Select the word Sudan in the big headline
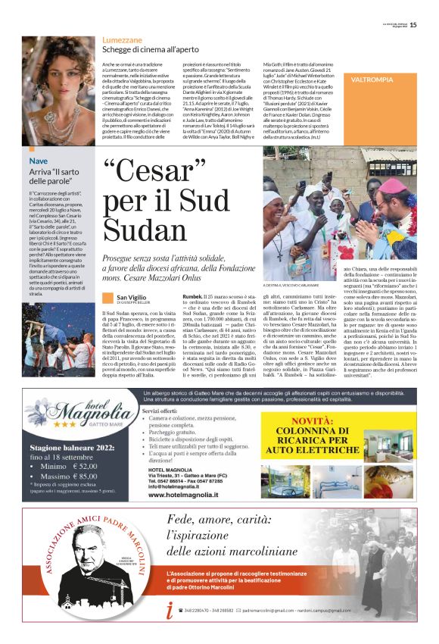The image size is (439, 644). pyautogui.click(x=143, y=229)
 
